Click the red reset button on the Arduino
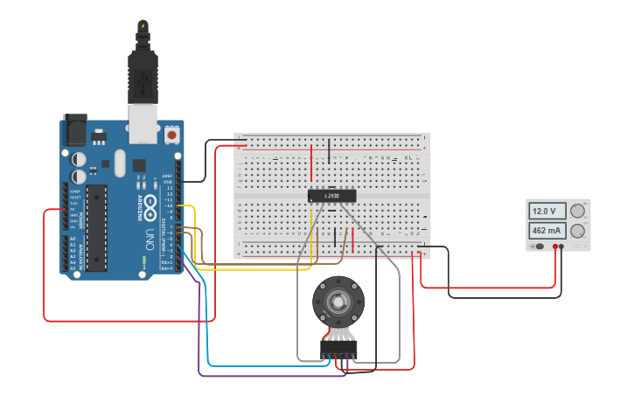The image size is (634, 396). click(x=171, y=135)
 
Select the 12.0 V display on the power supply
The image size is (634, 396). click(x=545, y=212)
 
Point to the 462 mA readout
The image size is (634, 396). click(x=545, y=231)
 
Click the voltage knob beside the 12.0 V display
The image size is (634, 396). click(x=577, y=211)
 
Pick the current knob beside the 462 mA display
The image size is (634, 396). click(x=577, y=231)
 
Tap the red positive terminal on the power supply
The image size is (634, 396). click(x=554, y=247)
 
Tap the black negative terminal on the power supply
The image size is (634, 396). click(x=561, y=247)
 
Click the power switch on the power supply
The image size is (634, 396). click(x=540, y=247)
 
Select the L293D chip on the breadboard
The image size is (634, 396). click(x=332, y=195)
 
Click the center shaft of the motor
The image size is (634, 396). click(x=336, y=302)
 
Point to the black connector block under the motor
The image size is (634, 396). click(x=338, y=351)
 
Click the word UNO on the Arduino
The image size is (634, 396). click(x=150, y=237)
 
